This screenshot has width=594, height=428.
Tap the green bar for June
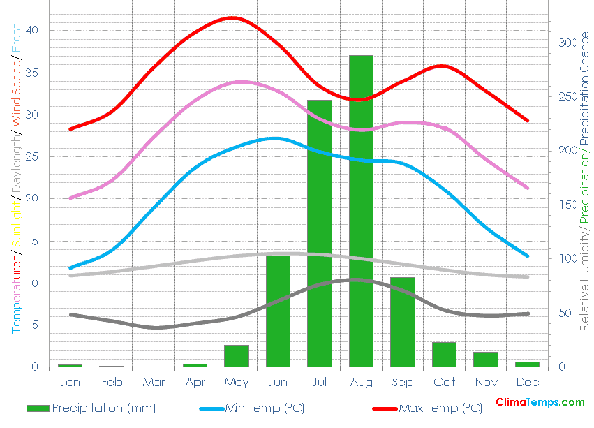(278, 311)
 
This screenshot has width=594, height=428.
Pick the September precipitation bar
(403, 322)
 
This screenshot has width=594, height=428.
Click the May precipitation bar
(237, 356)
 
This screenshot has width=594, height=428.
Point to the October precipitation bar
(444, 355)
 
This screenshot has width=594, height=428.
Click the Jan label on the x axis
(70, 382)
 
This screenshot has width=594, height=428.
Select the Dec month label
(528, 382)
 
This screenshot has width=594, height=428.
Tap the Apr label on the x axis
(195, 382)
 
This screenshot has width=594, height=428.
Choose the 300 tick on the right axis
(568, 43)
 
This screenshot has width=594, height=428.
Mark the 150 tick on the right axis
(568, 205)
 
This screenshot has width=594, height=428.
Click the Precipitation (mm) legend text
(103, 408)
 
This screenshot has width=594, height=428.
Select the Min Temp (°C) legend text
(264, 408)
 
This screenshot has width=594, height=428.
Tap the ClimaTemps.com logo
(540, 402)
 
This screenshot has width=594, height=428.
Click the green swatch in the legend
(38, 408)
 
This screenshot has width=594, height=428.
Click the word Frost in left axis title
(17, 43)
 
